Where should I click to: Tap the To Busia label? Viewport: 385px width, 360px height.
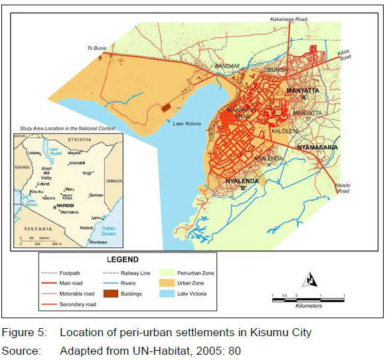point(97,48)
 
